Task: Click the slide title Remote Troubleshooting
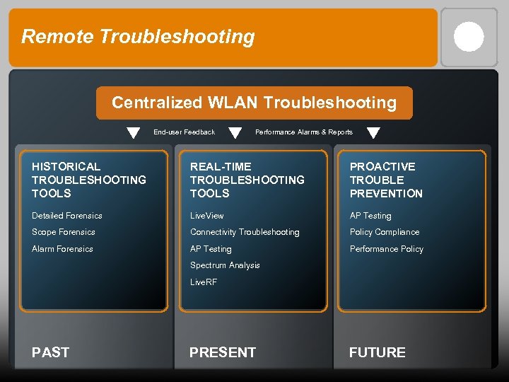pos(138,37)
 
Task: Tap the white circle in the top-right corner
pos(469,37)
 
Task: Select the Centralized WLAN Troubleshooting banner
pos(254,103)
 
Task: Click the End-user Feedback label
pos(184,132)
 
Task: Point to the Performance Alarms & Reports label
pos(303,132)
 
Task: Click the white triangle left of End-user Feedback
pos(133,133)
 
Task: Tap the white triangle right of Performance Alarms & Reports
pos(373,133)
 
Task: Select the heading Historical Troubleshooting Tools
pos(89,180)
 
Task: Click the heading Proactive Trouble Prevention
pos(386,180)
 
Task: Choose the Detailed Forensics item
pos(67,216)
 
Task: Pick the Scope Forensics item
pos(64,232)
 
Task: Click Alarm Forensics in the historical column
pos(62,249)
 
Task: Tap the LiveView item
pos(206,216)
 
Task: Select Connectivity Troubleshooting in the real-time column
pos(245,232)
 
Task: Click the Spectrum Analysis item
pos(225,265)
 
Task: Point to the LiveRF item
pos(204,282)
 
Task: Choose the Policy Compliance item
pos(385,232)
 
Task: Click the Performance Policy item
pos(387,249)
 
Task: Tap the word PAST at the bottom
pos(51,352)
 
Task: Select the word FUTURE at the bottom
pos(378,352)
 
